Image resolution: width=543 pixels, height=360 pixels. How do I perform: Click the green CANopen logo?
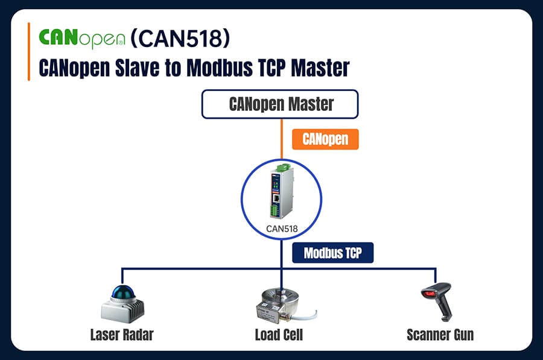(x=81, y=39)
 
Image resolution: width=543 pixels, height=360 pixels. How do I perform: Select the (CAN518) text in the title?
(x=180, y=38)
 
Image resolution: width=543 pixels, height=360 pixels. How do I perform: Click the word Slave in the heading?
(x=137, y=68)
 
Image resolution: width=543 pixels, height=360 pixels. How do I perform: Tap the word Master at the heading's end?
(x=320, y=68)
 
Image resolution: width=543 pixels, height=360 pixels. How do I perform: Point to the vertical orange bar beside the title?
(x=29, y=52)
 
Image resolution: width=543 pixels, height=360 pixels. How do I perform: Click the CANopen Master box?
(x=280, y=104)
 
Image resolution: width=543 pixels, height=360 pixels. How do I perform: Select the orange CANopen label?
(x=325, y=139)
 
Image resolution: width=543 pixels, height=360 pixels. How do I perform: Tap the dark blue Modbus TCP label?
(x=333, y=253)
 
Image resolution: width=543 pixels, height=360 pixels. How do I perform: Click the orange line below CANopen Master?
(x=282, y=139)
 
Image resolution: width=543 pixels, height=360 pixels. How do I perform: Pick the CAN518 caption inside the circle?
(x=282, y=229)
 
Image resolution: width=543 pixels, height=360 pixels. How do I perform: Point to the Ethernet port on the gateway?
(x=276, y=198)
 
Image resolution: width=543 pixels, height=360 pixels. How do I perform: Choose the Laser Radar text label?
(x=122, y=335)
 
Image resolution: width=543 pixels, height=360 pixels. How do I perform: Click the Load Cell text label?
(x=279, y=335)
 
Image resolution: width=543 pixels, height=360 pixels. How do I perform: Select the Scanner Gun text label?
(x=440, y=335)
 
